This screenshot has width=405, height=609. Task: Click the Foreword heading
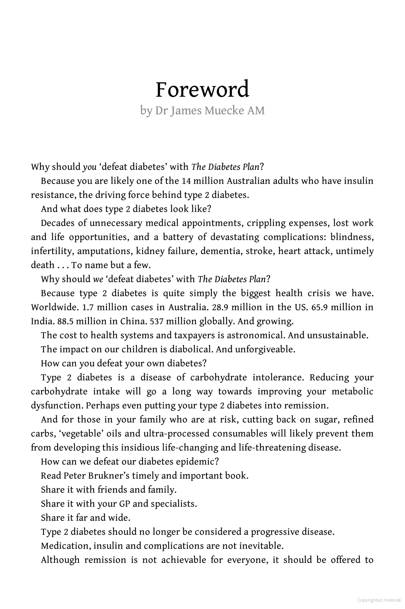202,89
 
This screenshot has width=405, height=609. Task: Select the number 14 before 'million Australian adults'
186,181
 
